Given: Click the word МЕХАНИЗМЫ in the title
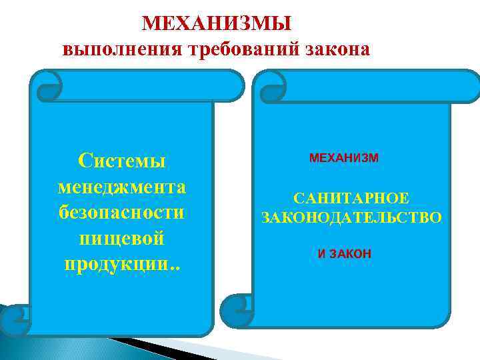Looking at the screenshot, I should [x=217, y=24].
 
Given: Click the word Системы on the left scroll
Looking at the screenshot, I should [x=122, y=160].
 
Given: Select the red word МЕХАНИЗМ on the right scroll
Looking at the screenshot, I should [x=344, y=158].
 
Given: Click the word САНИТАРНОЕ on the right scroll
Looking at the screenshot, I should [x=351, y=199].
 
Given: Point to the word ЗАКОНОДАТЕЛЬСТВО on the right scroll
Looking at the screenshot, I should [x=351, y=217].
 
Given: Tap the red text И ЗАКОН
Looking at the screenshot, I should [x=345, y=254].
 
